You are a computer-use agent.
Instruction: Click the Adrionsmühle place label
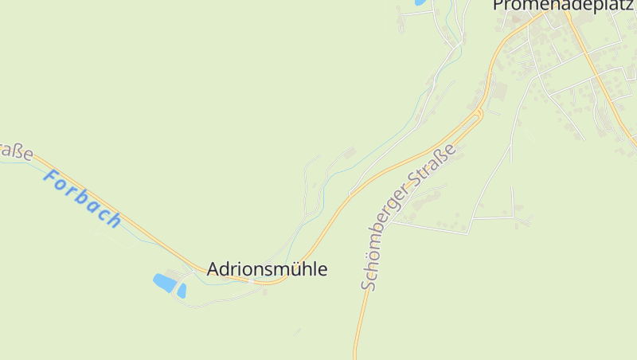pos(267,269)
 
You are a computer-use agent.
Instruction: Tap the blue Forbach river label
pos(82,198)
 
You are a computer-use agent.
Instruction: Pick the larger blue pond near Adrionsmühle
pos(164,282)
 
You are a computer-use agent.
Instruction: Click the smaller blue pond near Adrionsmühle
pos(182,291)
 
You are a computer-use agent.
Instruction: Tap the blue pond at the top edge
pos(419,2)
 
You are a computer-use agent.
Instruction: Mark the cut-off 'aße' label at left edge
pos(14,149)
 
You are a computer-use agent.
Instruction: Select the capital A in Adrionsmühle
pos(213,269)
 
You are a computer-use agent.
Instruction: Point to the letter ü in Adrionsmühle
pos(297,269)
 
